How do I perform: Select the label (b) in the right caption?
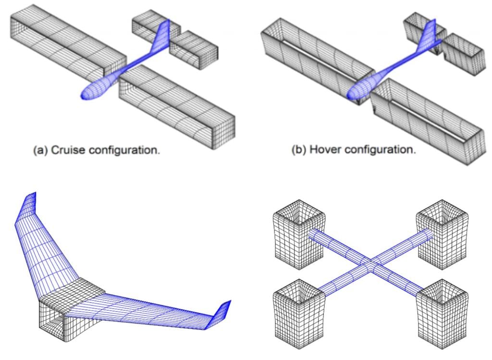(x=300, y=149)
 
